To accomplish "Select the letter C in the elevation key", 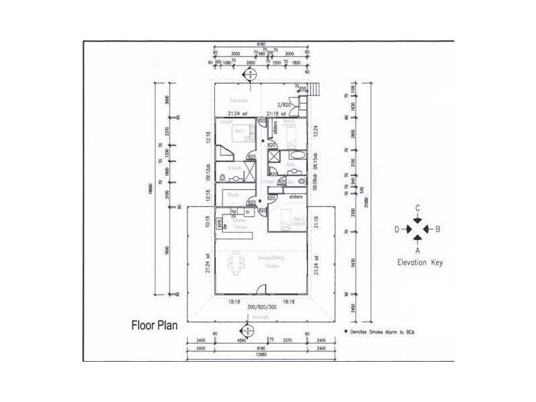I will tap(417, 208).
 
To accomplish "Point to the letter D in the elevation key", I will tap(397, 230).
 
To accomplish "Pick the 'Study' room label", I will tap(233, 195).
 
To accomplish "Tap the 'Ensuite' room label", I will tap(234, 167).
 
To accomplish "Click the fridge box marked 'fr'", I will tap(248, 212).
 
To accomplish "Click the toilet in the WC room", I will tap(300, 181).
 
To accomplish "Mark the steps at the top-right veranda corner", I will tap(316, 90).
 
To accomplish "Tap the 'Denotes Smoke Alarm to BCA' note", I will tap(381, 332).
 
